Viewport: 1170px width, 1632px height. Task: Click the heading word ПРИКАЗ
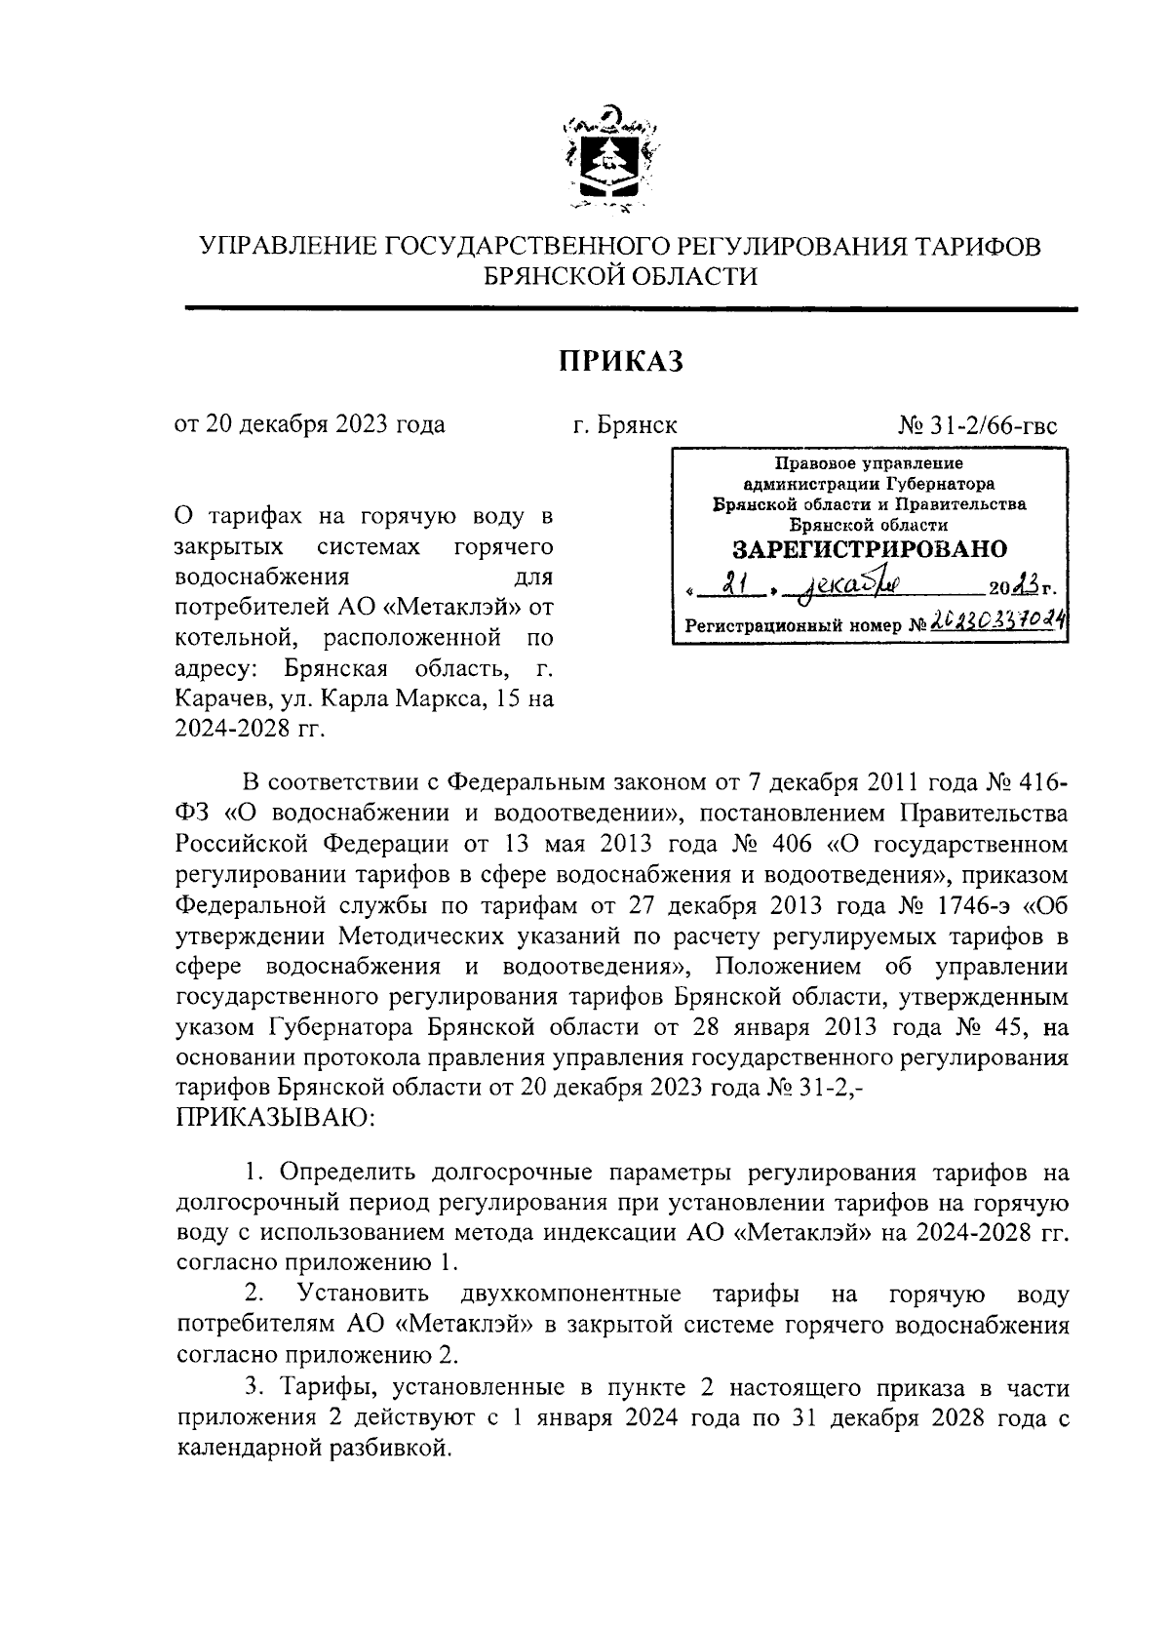click(x=621, y=362)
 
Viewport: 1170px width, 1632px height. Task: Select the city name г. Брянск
click(x=625, y=426)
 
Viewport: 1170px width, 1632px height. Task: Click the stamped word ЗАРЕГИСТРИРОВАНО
click(x=870, y=548)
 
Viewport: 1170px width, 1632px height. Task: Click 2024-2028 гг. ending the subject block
click(x=249, y=728)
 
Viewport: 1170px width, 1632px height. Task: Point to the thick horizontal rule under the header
click(x=631, y=309)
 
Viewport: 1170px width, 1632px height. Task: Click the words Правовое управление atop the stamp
click(x=869, y=463)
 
